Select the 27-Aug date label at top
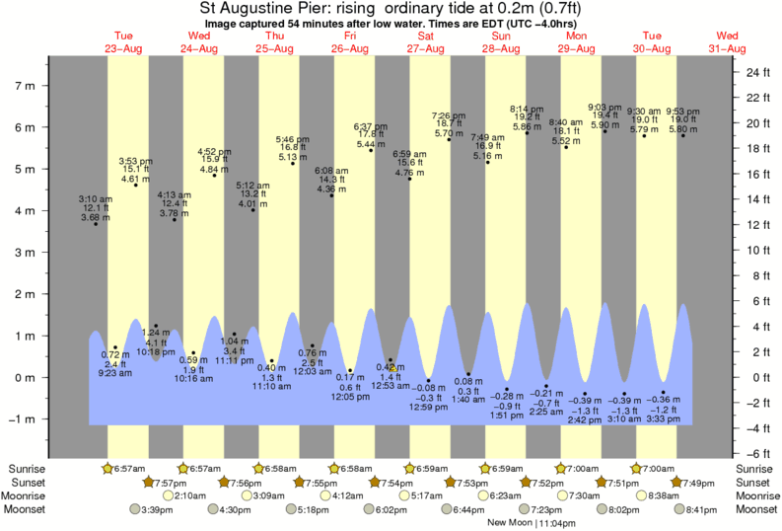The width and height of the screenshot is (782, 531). pos(425,48)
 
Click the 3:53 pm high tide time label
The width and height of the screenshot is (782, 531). pos(134,160)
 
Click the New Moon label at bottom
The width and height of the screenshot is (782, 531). pos(511,523)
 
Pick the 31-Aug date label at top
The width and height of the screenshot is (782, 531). pos(728,48)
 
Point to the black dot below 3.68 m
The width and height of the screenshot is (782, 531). pos(96,224)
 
